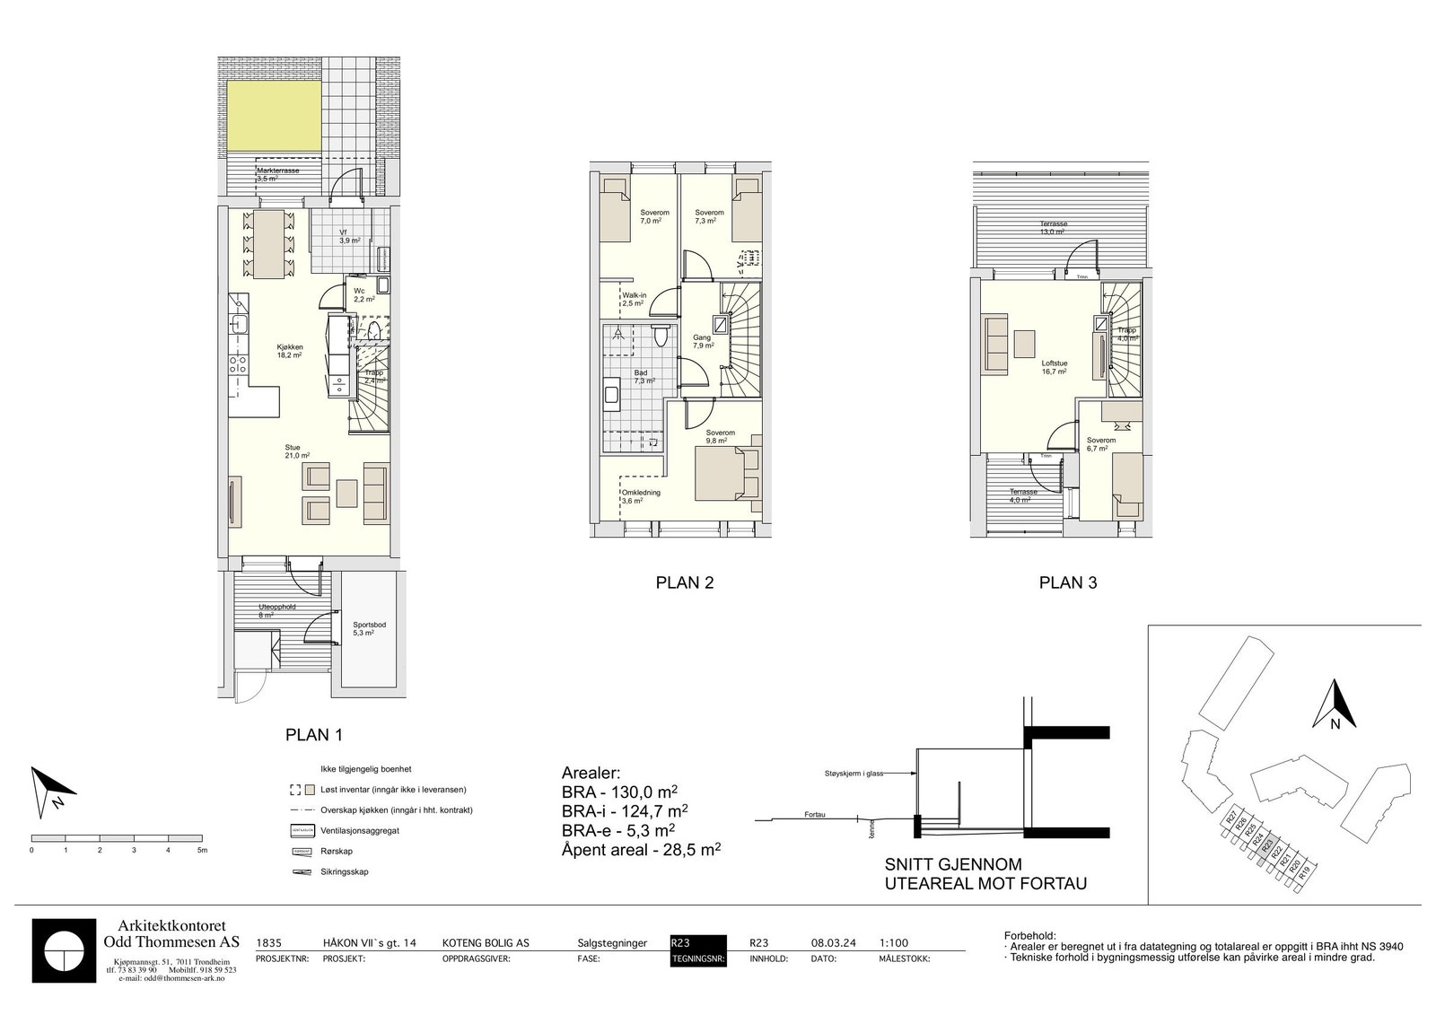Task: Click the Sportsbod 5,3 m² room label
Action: pyautogui.click(x=363, y=628)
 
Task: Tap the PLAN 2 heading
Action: pyautogui.click(x=684, y=582)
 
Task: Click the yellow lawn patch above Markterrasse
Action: pyautogui.click(x=272, y=116)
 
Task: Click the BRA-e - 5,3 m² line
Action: pyautogui.click(x=618, y=829)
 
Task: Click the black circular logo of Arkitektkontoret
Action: pyautogui.click(x=64, y=950)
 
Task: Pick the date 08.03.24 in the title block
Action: pyautogui.click(x=833, y=943)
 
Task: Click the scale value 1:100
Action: pyautogui.click(x=894, y=943)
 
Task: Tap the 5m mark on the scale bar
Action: pyautogui.click(x=202, y=849)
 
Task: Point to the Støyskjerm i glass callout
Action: pyautogui.click(x=854, y=773)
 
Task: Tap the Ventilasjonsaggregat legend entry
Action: pyautogui.click(x=360, y=831)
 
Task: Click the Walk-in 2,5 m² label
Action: pyautogui.click(x=634, y=299)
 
